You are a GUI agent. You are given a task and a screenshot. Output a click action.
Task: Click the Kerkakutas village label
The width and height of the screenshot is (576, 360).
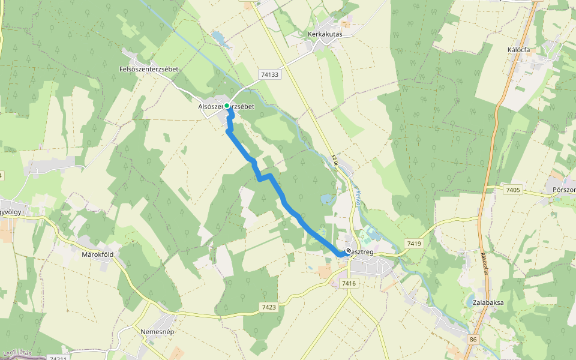click(x=325, y=35)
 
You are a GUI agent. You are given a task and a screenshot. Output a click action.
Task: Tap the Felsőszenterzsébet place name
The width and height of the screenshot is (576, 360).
click(x=149, y=70)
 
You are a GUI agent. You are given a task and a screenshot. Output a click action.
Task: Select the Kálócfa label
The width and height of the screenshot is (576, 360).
click(x=518, y=50)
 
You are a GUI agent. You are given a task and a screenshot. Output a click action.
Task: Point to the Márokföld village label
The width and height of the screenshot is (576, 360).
click(x=97, y=254)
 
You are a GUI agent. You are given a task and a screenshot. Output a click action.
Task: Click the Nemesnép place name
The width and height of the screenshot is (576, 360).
click(x=157, y=331)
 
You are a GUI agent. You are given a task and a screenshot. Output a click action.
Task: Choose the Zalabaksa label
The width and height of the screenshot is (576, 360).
click(x=488, y=302)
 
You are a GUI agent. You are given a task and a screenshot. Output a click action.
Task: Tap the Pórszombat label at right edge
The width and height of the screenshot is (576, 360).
click(x=563, y=190)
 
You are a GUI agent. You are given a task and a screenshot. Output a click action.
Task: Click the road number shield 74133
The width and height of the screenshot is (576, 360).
click(x=270, y=74)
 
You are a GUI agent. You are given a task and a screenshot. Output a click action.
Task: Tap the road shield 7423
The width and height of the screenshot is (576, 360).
click(x=269, y=307)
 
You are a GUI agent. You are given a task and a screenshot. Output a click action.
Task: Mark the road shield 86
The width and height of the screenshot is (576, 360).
click(x=473, y=340)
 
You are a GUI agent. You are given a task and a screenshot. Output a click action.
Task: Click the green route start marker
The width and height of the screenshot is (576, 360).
click(x=227, y=106)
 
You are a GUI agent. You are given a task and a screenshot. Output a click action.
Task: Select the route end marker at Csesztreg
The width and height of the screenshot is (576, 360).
click(x=349, y=251)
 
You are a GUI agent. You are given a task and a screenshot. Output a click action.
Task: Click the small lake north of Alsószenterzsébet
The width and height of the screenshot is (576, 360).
click(x=219, y=38)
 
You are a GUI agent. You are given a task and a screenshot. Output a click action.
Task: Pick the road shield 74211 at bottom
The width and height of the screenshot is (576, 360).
click(x=58, y=358)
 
